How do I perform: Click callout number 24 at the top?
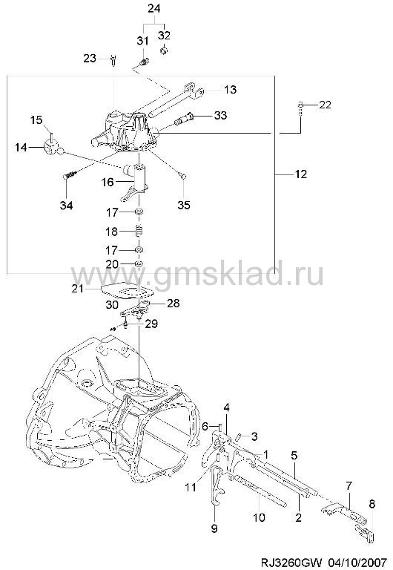coord(154,8)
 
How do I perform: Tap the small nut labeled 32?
coord(163,50)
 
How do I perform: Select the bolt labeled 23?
coord(113,60)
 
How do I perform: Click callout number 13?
coord(231,89)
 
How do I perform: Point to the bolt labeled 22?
coord(301,108)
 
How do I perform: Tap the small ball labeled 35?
coord(184,177)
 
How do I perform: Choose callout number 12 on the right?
coord(301,174)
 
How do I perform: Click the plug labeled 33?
coord(184,119)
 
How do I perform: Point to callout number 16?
coord(108,182)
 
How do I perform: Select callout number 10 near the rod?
coord(259,517)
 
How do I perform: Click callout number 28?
coord(174,303)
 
